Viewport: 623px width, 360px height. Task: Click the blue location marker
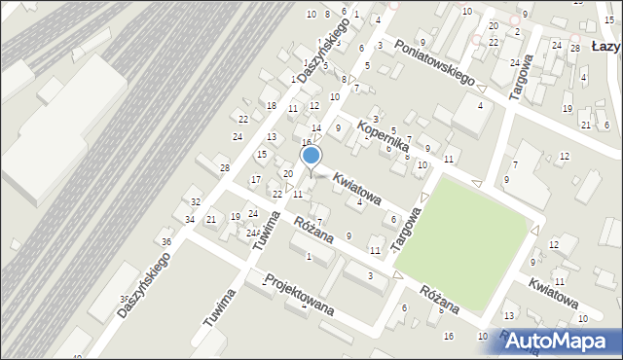coord(311,156)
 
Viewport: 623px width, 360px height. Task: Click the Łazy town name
coord(606,46)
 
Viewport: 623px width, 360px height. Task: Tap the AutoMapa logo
coord(560,341)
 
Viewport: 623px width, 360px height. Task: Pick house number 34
coord(190,219)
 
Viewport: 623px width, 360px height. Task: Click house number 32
coord(195,201)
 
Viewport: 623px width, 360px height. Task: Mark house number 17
coord(255,179)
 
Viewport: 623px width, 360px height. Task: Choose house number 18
coord(272,105)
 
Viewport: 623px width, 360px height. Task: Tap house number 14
coord(316,128)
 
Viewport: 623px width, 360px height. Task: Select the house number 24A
coord(251,234)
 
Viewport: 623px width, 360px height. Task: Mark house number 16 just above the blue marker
coord(306,143)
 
